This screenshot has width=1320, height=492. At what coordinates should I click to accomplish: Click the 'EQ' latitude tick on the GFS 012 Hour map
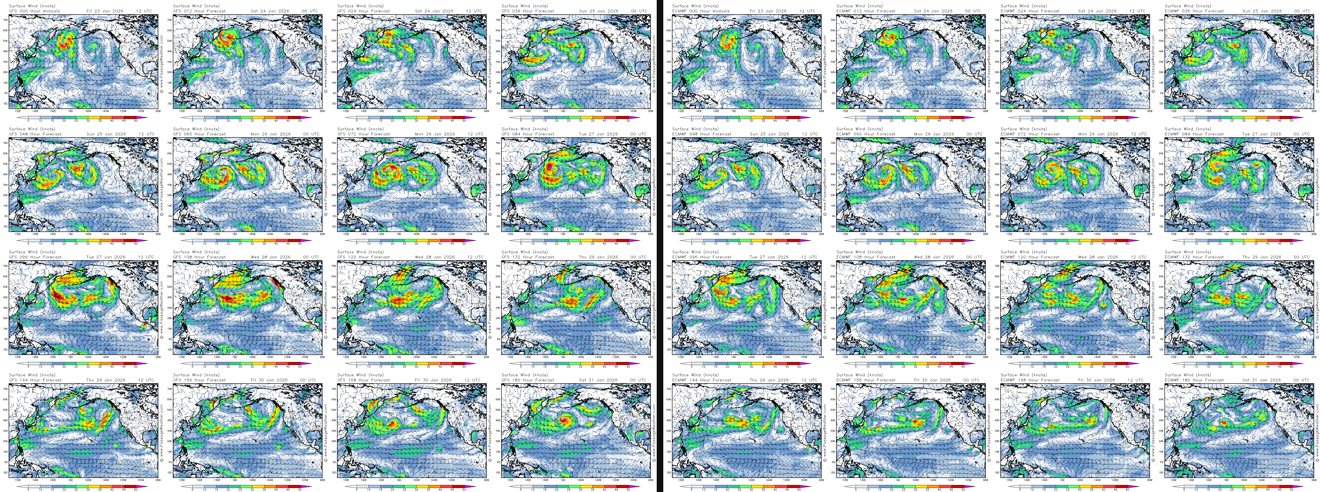pyautogui.click(x=170, y=93)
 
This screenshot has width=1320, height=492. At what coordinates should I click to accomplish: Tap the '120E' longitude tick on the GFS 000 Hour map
pyautogui.click(x=18, y=111)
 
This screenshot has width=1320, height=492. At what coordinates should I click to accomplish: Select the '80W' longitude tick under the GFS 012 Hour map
pyautogui.click(x=322, y=111)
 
